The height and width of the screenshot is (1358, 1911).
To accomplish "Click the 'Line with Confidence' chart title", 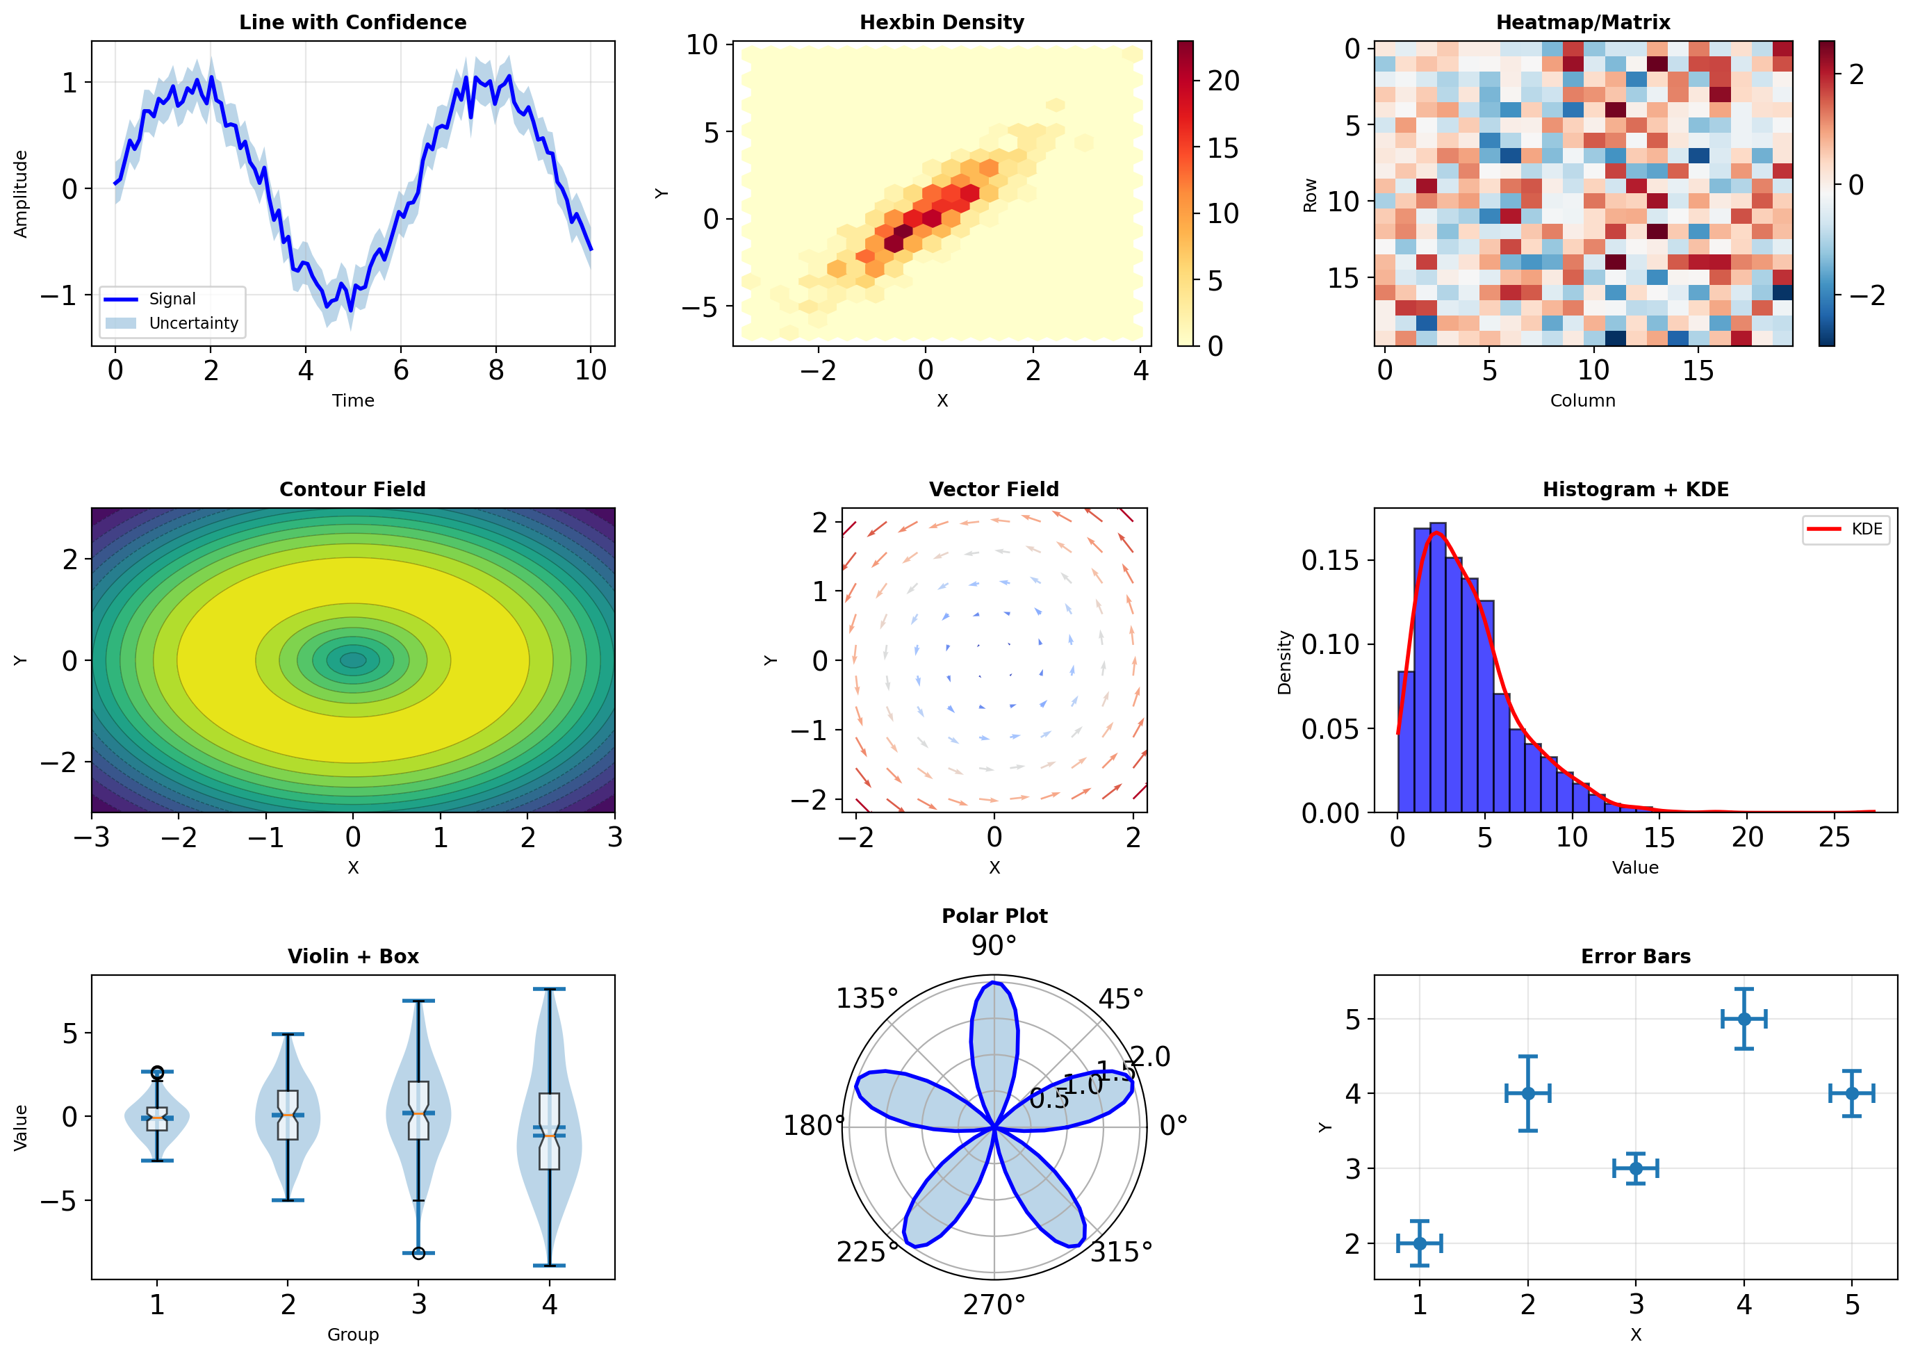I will (x=353, y=22).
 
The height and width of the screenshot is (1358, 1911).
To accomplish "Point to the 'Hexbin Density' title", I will (x=942, y=22).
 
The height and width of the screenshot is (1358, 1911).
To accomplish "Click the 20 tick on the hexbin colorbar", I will (x=1223, y=81).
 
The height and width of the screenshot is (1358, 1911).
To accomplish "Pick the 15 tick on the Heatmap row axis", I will (x=1343, y=277).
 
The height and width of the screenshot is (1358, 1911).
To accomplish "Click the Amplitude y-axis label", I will (x=21, y=194).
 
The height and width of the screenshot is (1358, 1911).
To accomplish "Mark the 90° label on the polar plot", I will (x=993, y=946).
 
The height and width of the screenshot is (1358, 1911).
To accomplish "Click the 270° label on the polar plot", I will (x=993, y=1304).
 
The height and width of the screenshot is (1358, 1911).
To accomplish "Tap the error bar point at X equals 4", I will (x=1743, y=1019).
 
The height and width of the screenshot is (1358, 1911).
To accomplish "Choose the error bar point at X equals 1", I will (x=1420, y=1243).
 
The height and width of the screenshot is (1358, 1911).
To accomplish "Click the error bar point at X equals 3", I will (x=1636, y=1168).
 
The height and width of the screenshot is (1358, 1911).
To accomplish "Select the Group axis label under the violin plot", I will (x=353, y=1334).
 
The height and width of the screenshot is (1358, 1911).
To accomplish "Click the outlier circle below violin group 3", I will (x=419, y=1252).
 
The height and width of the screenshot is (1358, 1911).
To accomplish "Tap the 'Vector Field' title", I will (x=993, y=489).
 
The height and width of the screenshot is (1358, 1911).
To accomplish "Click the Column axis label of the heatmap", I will (x=1582, y=400).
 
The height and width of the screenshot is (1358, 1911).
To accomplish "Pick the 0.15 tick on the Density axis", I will (x=1329, y=560).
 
